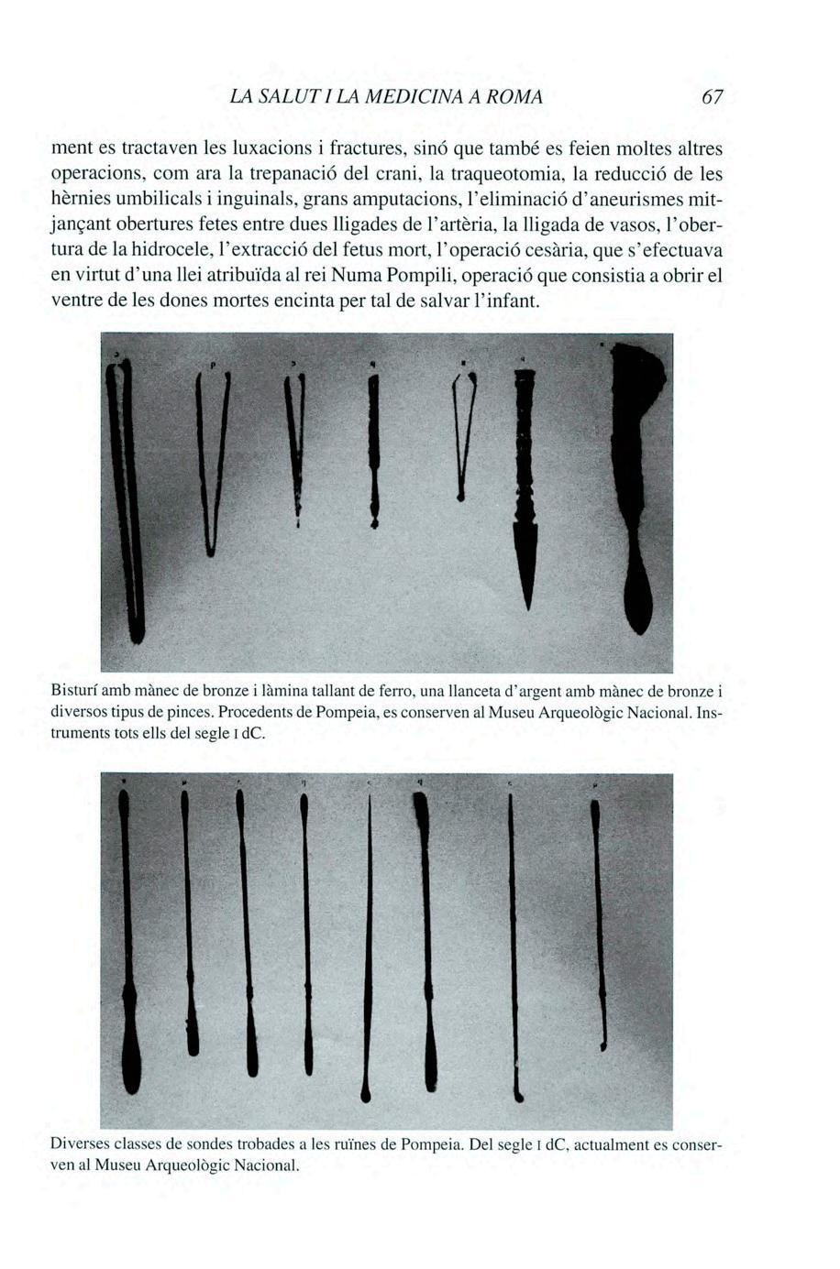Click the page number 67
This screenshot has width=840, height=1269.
coord(712,96)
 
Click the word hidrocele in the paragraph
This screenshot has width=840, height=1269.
coord(152,249)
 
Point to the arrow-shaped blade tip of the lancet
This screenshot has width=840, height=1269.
coord(526,573)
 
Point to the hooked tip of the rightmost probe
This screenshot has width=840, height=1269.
coord(603,1045)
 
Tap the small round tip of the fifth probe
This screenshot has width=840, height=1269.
coord(367,1092)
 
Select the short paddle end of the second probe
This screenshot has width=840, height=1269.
coord(193,1040)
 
